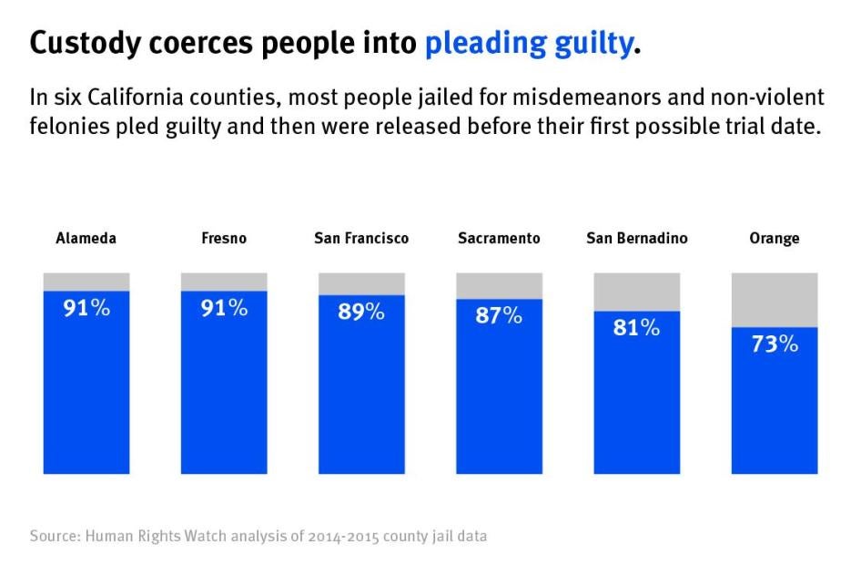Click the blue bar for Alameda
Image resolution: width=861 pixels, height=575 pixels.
[86, 392]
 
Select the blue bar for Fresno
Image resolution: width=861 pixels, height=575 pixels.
[224, 392]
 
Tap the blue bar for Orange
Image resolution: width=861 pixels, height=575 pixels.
[775, 410]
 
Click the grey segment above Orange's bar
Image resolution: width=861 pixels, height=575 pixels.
[775, 299]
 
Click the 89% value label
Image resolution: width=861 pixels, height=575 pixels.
[361, 312]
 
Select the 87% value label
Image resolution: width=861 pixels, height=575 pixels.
[499, 315]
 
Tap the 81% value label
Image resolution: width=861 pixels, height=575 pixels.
[636, 328]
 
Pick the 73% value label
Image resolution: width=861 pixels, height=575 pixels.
[775, 344]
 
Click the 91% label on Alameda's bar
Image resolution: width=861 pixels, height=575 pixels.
[86, 308]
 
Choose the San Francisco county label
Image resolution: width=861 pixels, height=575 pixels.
[361, 239]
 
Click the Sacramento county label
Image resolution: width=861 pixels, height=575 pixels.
[499, 239]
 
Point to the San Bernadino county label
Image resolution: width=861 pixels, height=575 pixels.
[636, 239]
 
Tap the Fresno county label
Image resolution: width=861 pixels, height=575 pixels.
[224, 239]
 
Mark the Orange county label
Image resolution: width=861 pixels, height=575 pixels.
[775, 239]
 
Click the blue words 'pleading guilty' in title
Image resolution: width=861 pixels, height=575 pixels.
[528, 43]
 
